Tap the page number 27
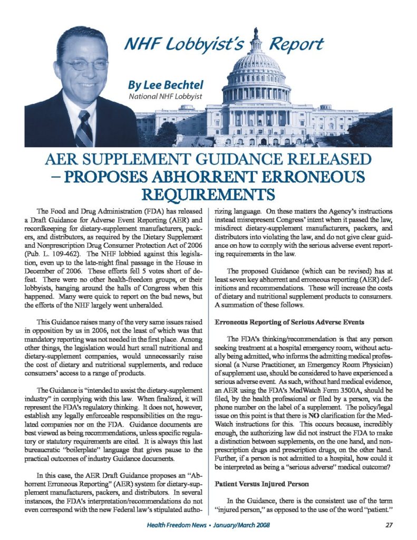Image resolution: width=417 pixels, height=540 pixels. (x=376, y=525)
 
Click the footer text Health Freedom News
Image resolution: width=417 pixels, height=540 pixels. (x=179, y=525)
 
